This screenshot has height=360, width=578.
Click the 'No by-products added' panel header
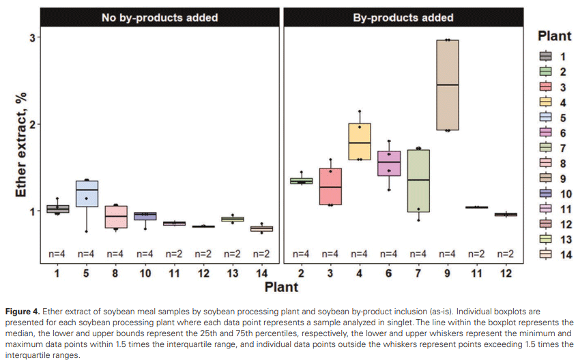160,18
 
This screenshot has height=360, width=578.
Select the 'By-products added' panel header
403,18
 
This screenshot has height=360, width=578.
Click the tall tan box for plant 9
447,85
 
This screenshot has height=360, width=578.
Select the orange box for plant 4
360,141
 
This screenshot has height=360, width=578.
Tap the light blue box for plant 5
87,194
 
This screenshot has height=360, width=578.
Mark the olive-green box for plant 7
418,181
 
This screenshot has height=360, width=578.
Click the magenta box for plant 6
388,164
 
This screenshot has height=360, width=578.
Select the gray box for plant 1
57,209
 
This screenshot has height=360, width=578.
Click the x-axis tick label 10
145,273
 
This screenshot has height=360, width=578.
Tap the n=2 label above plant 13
232,254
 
